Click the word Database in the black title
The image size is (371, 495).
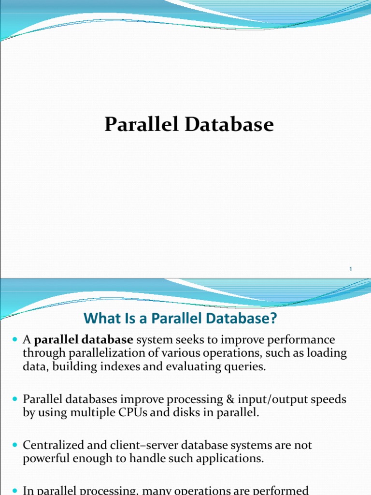[229, 124]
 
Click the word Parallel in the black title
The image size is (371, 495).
[142, 124]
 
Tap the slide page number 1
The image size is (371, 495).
[351, 269]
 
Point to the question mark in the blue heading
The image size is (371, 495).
[273, 318]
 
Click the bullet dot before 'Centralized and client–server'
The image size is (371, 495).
[15, 445]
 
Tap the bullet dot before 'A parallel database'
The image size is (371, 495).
[15, 340]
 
